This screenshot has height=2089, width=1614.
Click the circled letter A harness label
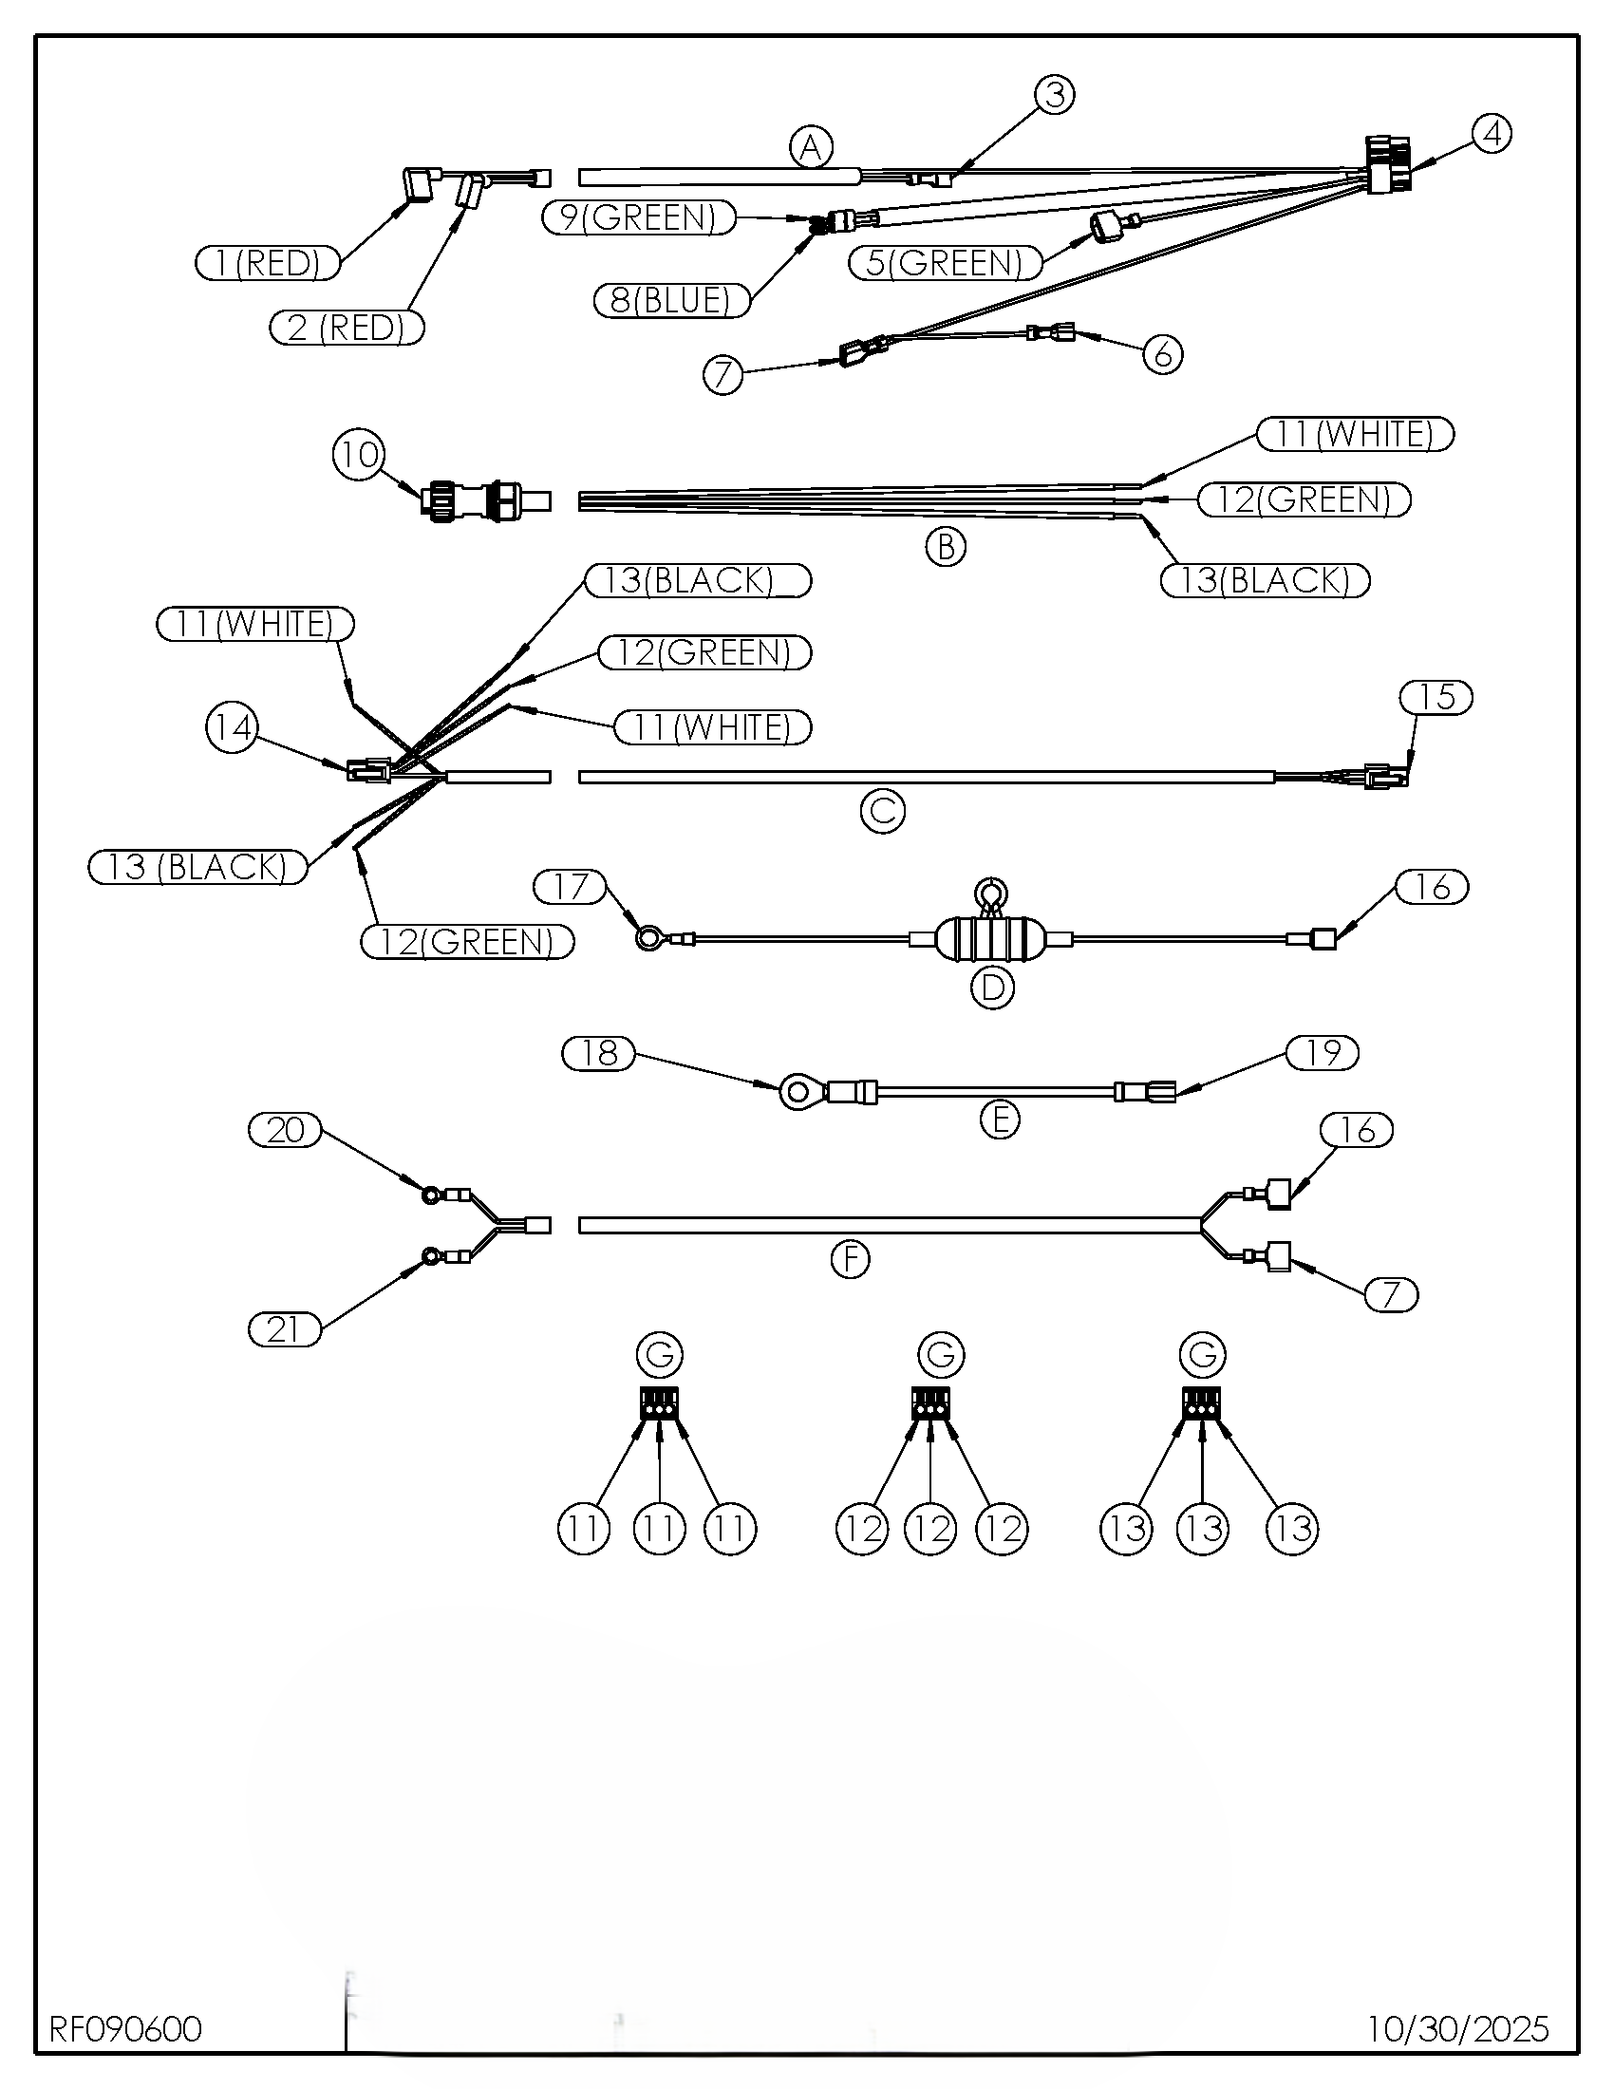pyautogui.click(x=811, y=148)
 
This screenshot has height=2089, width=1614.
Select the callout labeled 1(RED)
pyautogui.click(x=268, y=262)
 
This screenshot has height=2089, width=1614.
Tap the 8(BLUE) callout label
pyautogui.click(x=671, y=301)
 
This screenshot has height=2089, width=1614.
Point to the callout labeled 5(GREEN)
pyautogui.click(x=945, y=262)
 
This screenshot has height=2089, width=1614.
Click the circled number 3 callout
pyautogui.click(x=1055, y=95)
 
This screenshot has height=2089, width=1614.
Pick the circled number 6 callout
pyautogui.click(x=1163, y=355)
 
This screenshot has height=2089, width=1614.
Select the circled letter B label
pyautogui.click(x=946, y=547)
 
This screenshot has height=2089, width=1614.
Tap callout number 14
pyautogui.click(x=232, y=729)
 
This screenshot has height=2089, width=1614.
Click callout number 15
pyautogui.click(x=1436, y=697)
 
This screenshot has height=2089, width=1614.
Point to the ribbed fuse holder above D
pyautogui.click(x=990, y=940)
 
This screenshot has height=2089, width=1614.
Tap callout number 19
pyautogui.click(x=1323, y=1053)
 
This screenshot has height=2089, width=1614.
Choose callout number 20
pyautogui.click(x=285, y=1131)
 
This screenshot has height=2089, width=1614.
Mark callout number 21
pyautogui.click(x=285, y=1329)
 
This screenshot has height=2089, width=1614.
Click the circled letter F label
pyautogui.click(x=850, y=1259)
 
